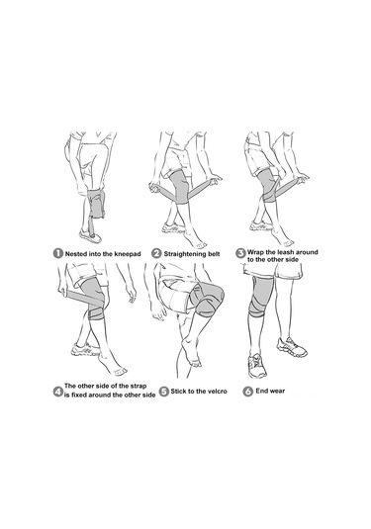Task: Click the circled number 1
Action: (x=58, y=253)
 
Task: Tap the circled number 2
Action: (x=156, y=253)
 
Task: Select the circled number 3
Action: (x=240, y=253)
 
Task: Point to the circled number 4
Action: (x=58, y=392)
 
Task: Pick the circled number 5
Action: (x=163, y=392)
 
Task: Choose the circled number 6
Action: (x=248, y=392)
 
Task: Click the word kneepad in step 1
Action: (x=128, y=254)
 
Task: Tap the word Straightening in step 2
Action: (x=184, y=254)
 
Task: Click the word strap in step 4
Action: (x=139, y=386)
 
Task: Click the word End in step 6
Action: (x=261, y=391)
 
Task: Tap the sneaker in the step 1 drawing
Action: (x=90, y=235)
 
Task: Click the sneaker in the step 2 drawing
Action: (x=173, y=228)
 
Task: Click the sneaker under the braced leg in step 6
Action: (x=257, y=366)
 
